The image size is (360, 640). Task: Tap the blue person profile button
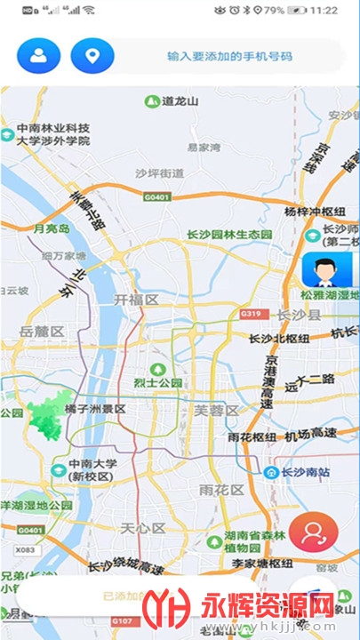[x=38, y=56]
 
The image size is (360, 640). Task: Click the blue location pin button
[x=92, y=56]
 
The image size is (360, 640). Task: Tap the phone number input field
[x=229, y=56]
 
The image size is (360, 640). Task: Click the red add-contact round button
[x=313, y=532]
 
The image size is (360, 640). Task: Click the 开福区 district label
[x=136, y=300]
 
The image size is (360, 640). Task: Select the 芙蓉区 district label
[x=217, y=410]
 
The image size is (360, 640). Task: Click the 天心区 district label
[x=143, y=528]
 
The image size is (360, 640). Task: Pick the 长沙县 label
[x=299, y=315]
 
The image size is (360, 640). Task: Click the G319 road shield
[x=251, y=314]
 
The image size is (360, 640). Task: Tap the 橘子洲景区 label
[x=95, y=410]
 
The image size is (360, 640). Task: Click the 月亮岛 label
[x=51, y=229]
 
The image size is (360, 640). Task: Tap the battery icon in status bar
[x=297, y=10]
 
